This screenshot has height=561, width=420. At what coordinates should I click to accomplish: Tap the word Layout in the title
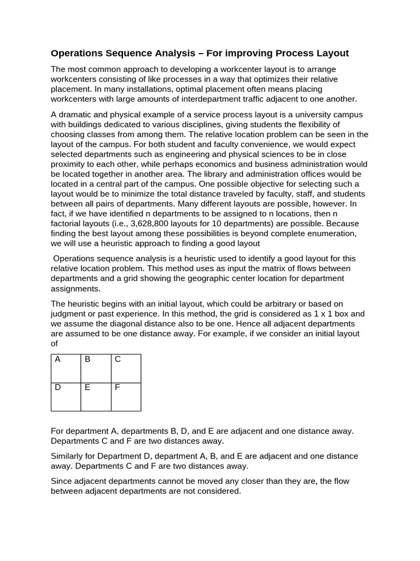[x=330, y=53]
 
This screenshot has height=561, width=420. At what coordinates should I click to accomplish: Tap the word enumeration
[x=333, y=233]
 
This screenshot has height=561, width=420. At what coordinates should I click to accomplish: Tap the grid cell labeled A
[x=66, y=368]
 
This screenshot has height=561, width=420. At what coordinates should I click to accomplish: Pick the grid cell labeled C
[x=126, y=368]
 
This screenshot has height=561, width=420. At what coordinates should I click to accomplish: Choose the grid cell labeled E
[x=96, y=397]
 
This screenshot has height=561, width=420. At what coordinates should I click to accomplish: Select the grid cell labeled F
[x=126, y=397]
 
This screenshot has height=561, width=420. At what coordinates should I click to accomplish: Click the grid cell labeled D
[x=66, y=397]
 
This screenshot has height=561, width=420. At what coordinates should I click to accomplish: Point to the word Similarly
[x=70, y=456]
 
